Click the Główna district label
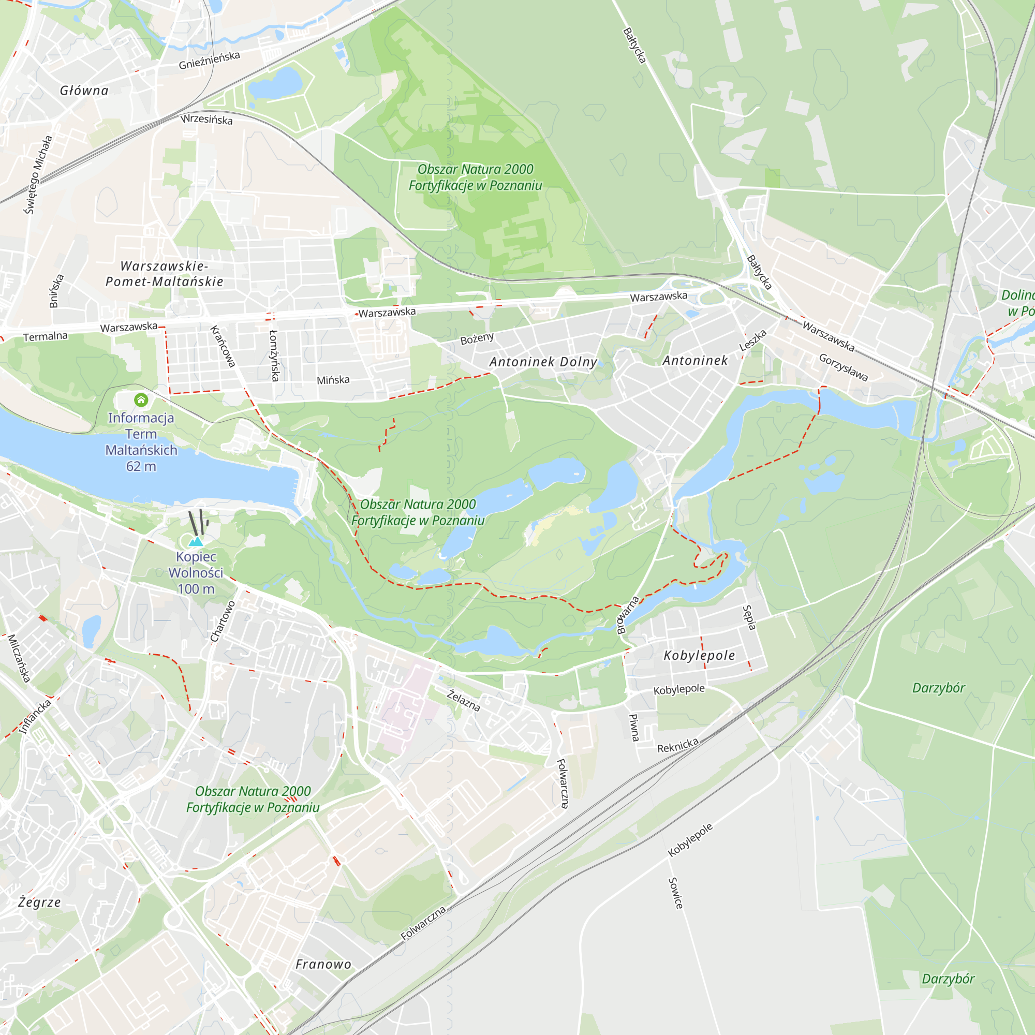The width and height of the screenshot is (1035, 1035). tap(84, 91)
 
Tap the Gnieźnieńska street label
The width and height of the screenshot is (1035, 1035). tap(209, 61)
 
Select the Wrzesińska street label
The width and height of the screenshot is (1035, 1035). tap(206, 119)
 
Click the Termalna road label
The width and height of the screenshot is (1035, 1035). tap(46, 336)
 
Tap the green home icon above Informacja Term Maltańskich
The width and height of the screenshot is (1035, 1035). tap(141, 400)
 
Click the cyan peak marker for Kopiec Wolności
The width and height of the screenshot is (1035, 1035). tap(196, 542)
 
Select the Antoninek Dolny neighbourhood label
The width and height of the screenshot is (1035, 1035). tap(543, 362)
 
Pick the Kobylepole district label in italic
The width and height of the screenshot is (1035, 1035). tap(699, 655)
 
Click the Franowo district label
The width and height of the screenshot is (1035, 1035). tap(323, 964)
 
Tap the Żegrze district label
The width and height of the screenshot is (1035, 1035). tap(40, 902)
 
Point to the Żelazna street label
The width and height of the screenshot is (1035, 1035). tap(464, 700)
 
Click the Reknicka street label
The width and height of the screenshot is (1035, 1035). tap(678, 745)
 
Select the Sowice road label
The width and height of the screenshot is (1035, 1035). tap(675, 893)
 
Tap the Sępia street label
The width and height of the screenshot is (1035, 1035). tap(749, 617)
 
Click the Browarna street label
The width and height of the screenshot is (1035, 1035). tap(628, 615)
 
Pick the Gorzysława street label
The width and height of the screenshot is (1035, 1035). tap(843, 367)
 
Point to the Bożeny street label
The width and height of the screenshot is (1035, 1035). tap(477, 338)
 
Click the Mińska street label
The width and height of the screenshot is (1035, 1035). tap(333, 380)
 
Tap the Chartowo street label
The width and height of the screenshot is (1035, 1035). tap(223, 622)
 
